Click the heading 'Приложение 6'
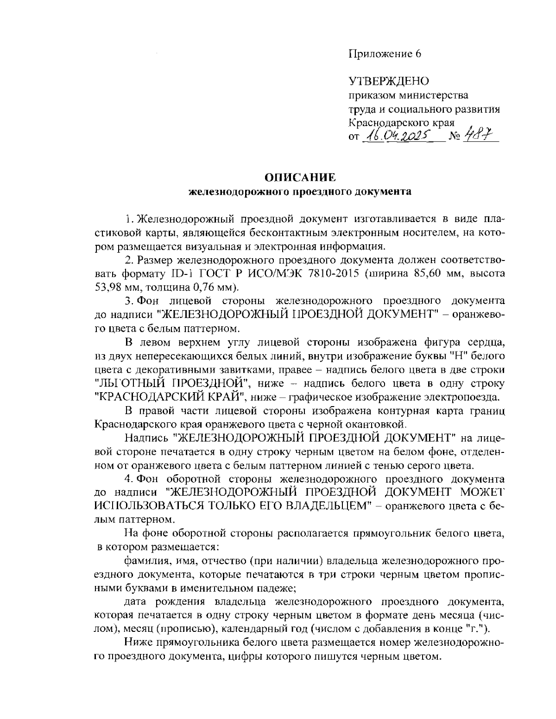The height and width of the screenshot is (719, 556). (x=384, y=54)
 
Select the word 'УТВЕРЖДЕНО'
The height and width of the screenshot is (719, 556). (x=389, y=82)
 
